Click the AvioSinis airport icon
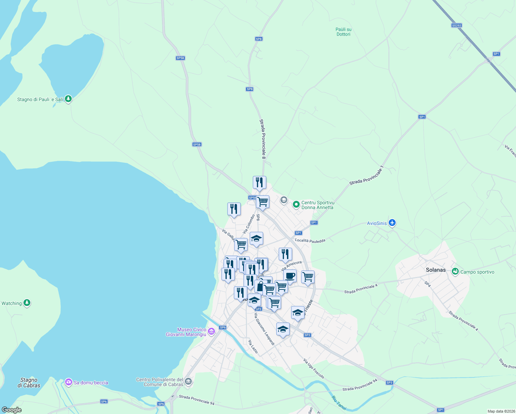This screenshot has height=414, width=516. (x=392, y=223)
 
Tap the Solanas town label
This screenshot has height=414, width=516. (x=436, y=270)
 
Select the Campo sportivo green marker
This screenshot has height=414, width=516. (x=455, y=272)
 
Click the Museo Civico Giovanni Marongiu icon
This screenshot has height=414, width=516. (x=211, y=332)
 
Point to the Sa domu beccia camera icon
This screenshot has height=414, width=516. (x=69, y=382)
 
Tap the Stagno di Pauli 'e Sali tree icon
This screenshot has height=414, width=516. (x=68, y=99)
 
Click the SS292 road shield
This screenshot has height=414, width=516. (x=456, y=26)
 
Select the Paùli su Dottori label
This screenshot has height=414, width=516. (x=344, y=32)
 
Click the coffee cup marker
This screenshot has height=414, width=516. (x=290, y=276)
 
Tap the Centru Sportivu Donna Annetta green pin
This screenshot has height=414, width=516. (x=296, y=205)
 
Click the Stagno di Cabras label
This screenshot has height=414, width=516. (x=29, y=383)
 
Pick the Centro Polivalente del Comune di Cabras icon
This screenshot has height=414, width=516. (x=188, y=381)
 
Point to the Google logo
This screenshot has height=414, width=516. (x=11, y=410)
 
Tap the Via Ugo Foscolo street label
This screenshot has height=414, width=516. (x=314, y=368)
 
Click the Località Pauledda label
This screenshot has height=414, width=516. (x=310, y=241)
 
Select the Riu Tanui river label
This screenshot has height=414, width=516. (x=339, y=403)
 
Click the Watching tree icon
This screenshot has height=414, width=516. (x=27, y=303)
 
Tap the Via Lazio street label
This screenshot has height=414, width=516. (x=253, y=346)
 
